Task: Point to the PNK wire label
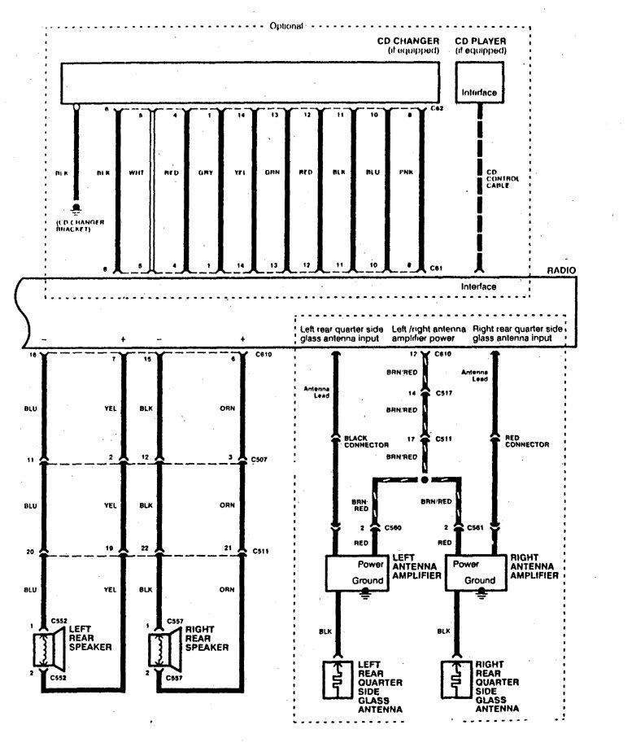[404, 173]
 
